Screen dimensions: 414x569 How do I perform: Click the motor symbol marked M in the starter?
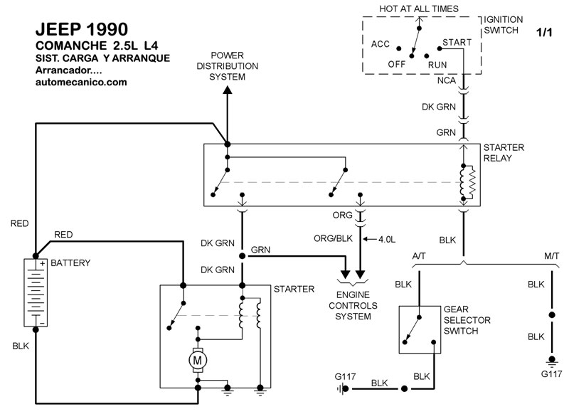coord(196,361)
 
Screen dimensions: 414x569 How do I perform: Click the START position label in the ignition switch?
coord(457,43)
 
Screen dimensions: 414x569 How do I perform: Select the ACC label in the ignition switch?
coord(381,44)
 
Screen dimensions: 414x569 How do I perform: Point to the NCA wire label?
coord(447,81)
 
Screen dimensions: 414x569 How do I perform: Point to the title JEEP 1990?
coord(82,31)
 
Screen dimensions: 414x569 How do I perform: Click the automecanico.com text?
coord(81,83)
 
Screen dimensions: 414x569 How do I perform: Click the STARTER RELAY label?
coord(504,152)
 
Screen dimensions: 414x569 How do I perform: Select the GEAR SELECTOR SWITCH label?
coord(467,320)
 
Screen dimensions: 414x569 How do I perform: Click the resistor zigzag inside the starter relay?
coord(471,182)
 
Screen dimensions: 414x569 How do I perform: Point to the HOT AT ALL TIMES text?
coord(420,9)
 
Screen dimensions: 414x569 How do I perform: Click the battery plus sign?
coord(43,263)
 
